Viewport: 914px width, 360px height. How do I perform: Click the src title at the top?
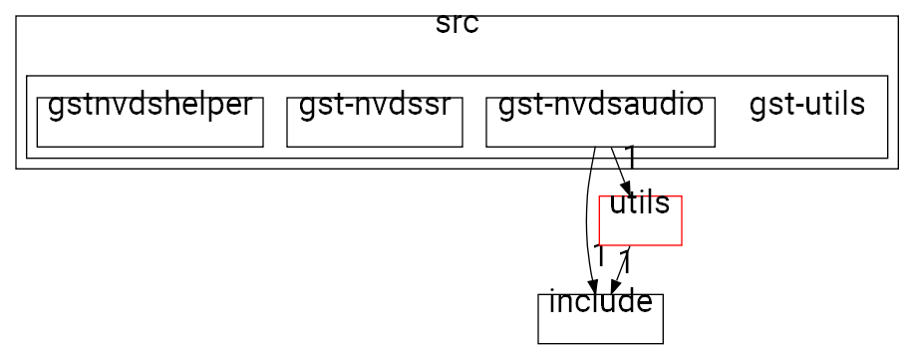coord(457,25)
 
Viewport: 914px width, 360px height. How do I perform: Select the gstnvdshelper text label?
coord(150,106)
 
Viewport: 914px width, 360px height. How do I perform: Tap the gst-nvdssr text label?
coord(374,106)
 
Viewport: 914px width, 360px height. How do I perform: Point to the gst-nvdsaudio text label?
coord(600,106)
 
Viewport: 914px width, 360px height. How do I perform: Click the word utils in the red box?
coord(639,204)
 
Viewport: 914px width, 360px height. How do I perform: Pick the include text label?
coord(600,302)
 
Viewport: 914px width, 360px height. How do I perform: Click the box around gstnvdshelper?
coord(150,134)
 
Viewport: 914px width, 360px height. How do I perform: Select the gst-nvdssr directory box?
coord(374,134)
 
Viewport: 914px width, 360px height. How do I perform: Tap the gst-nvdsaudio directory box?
coord(600,134)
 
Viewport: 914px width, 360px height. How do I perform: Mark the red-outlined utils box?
coord(639,229)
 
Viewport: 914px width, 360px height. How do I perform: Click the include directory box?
coord(600,327)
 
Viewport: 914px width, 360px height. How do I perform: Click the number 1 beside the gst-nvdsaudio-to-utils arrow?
coord(631,157)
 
